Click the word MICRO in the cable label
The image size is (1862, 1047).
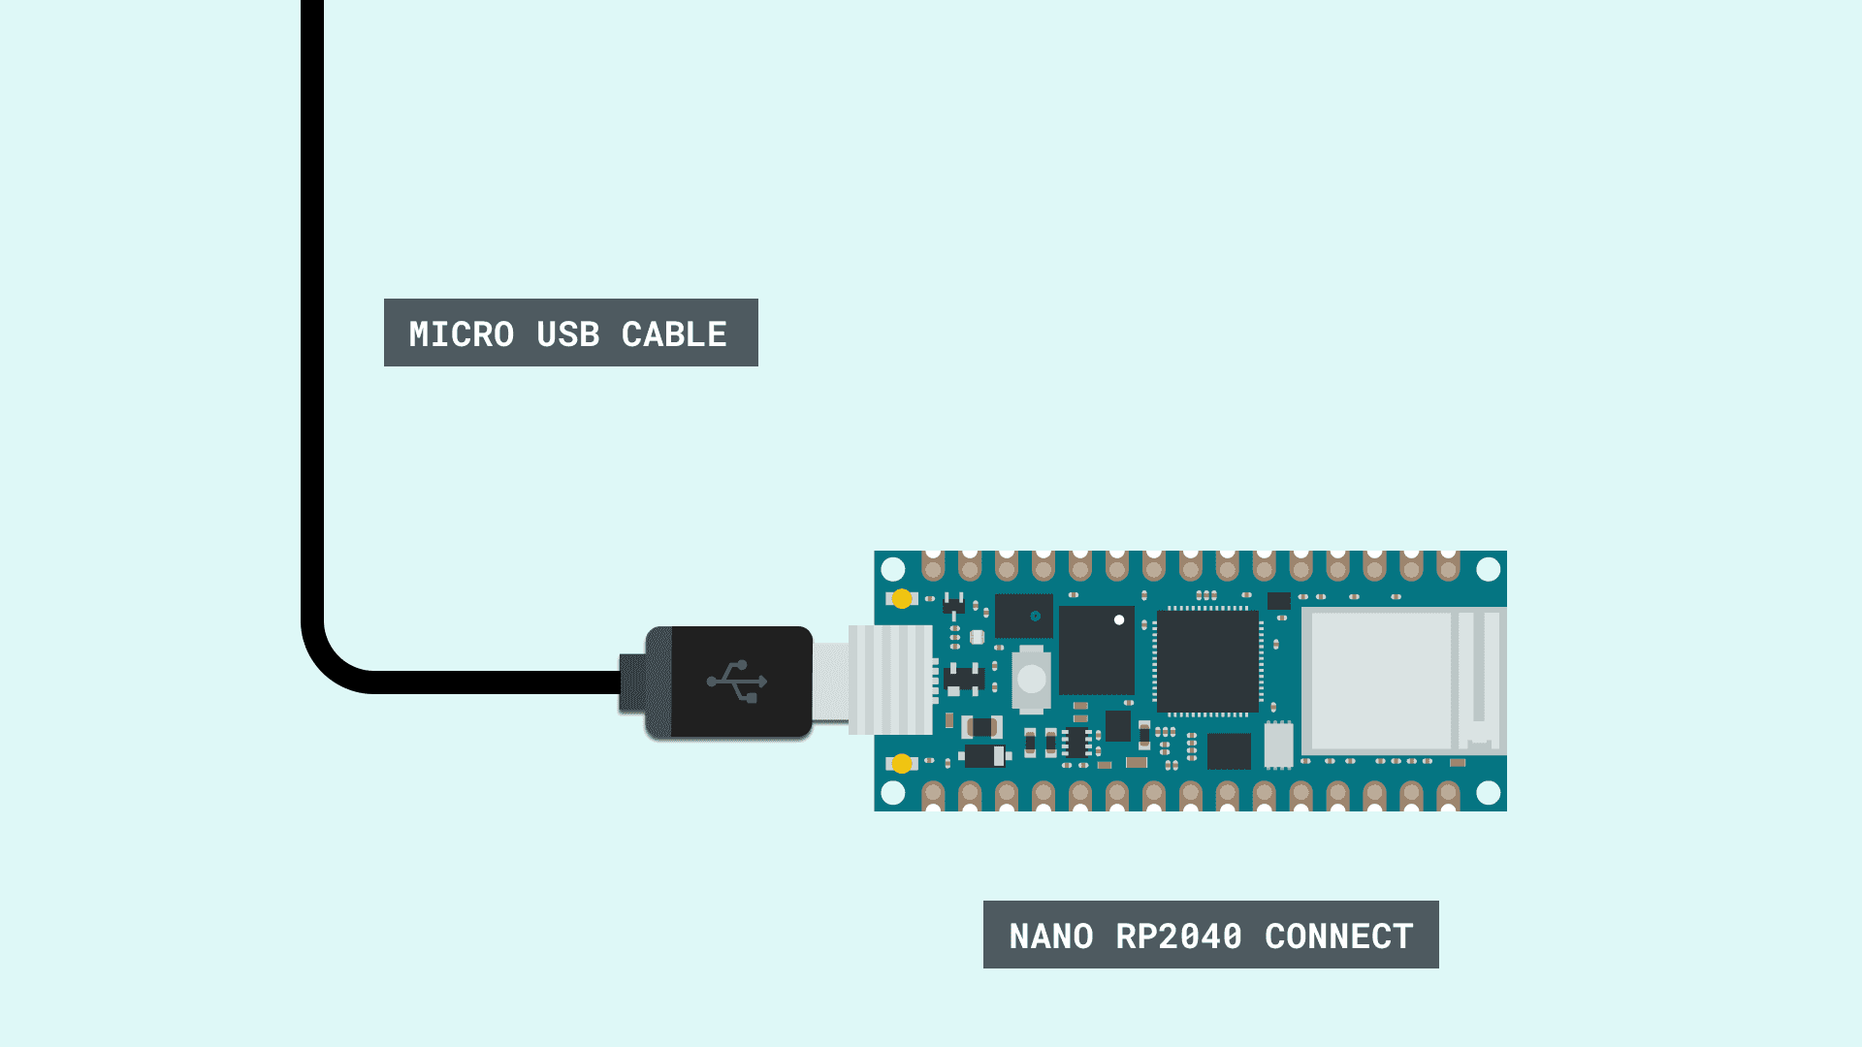(462, 334)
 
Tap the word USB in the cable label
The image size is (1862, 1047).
(568, 334)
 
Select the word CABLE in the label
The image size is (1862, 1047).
(674, 334)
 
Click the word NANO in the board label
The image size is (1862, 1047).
(1051, 936)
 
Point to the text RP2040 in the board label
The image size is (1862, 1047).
(1179, 936)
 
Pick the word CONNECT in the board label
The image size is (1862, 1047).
(1339, 936)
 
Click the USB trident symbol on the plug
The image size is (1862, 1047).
(737, 682)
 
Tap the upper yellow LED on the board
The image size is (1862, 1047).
(902, 599)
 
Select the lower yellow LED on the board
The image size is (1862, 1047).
(902, 764)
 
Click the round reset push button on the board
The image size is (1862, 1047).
(1032, 679)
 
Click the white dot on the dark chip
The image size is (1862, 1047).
(1119, 619)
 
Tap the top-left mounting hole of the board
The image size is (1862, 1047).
(893, 569)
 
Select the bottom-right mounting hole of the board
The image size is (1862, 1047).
(1489, 793)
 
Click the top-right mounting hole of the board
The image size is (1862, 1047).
(1489, 569)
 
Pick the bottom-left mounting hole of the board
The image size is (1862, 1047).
(893, 793)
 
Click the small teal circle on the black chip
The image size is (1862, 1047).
(1036, 616)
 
